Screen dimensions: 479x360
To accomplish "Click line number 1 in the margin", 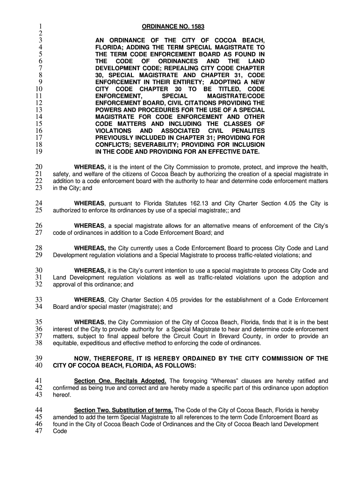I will pos(41,26).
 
